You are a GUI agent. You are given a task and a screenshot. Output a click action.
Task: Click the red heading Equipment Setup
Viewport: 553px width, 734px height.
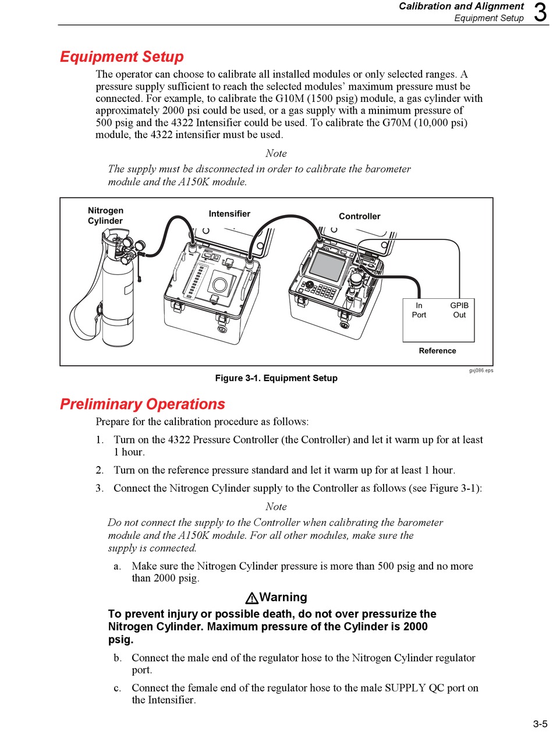click(x=122, y=57)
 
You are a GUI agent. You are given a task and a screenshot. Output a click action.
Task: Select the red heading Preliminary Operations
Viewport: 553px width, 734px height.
click(x=142, y=404)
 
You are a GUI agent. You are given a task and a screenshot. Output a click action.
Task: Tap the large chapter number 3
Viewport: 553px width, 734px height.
click(x=540, y=13)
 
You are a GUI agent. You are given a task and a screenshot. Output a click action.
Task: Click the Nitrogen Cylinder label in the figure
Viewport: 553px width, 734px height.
click(x=105, y=216)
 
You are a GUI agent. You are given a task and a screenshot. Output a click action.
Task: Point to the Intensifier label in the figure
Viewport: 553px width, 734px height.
click(x=229, y=214)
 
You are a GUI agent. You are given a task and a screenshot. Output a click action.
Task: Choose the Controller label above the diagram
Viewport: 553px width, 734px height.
click(x=359, y=216)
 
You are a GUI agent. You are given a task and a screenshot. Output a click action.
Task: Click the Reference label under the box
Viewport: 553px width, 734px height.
click(x=437, y=351)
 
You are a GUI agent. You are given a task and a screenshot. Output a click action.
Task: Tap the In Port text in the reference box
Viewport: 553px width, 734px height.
click(x=419, y=310)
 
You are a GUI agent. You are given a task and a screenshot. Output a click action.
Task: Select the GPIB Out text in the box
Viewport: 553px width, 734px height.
click(x=459, y=310)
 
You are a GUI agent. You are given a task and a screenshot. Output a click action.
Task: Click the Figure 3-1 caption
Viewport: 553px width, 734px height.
click(x=276, y=378)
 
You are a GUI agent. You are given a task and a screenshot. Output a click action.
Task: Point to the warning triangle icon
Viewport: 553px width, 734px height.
click(x=251, y=598)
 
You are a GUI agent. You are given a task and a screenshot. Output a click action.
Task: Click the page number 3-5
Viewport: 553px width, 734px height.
click(x=540, y=724)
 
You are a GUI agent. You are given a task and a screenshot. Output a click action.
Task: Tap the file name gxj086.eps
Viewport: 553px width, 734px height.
click(x=480, y=370)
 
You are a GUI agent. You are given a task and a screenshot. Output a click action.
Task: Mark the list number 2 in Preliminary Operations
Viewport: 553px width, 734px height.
click(x=100, y=470)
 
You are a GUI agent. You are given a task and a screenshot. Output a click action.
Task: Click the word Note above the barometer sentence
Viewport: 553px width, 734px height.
click(x=276, y=153)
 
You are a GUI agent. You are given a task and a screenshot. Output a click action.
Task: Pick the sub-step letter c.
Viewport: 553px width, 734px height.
click(x=118, y=688)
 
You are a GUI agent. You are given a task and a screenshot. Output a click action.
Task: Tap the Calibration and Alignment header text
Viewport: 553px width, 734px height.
click(x=461, y=6)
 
